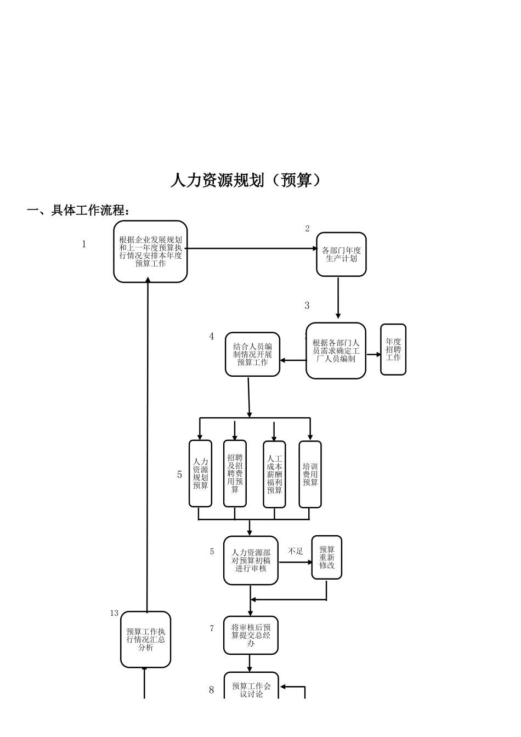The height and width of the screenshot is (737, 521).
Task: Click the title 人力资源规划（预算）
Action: point(245,180)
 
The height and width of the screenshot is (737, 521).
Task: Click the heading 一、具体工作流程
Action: point(79,211)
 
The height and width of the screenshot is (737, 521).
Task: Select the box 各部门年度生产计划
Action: point(341,254)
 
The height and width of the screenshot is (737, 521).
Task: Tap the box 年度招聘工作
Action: point(393,350)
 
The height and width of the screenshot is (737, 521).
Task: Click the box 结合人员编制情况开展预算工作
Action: point(252,355)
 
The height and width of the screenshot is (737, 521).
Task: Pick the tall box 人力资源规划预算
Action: point(200,474)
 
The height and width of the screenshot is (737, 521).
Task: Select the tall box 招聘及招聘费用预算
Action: point(235,474)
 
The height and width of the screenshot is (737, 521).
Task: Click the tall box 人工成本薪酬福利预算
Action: point(274,474)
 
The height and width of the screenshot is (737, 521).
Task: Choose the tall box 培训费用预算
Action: point(310,474)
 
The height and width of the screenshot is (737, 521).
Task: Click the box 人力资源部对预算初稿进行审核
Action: point(251,560)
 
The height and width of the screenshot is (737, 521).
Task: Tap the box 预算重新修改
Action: point(326,558)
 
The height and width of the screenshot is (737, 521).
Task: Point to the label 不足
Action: point(296,551)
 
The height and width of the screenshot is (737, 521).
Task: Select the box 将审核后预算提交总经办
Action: point(251,635)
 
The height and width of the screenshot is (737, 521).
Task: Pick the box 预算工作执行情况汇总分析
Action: point(145,639)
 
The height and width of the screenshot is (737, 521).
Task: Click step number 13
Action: point(114,613)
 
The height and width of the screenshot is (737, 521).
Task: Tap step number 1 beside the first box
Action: point(84,245)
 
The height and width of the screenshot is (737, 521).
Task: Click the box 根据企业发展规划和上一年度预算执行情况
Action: point(150,252)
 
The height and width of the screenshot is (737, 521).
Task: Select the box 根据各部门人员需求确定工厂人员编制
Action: point(336,351)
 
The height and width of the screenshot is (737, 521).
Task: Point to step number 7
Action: point(212,628)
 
